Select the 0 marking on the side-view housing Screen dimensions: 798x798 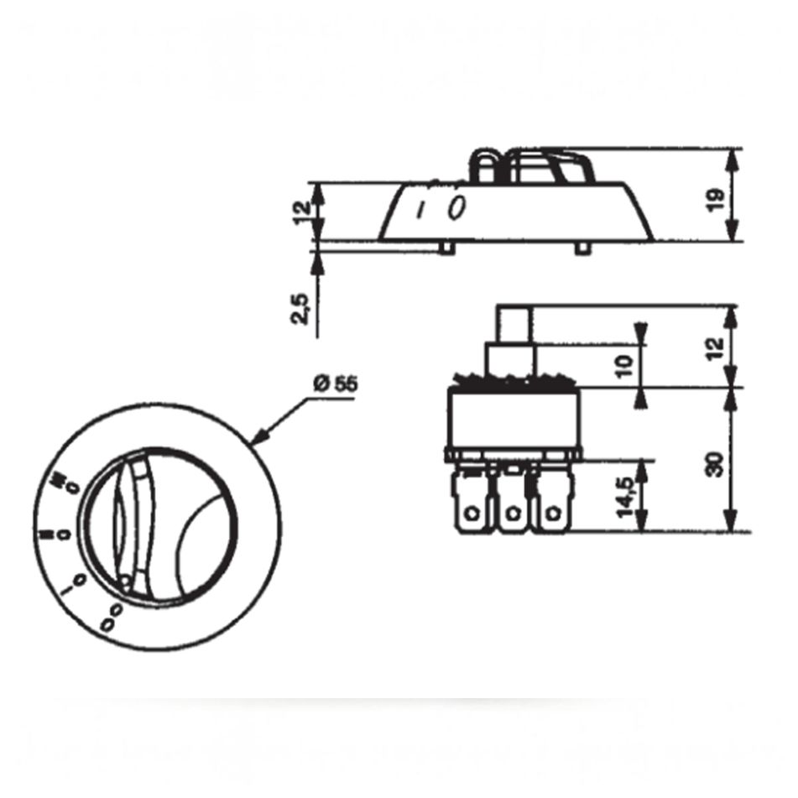pos(456,206)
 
